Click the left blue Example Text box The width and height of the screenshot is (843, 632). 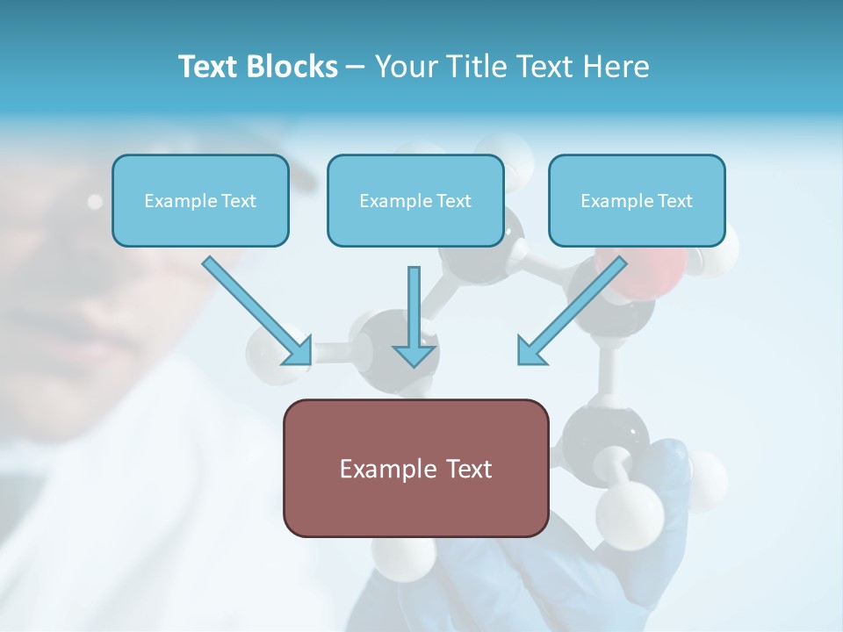point(200,200)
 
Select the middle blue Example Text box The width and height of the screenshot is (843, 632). point(415,200)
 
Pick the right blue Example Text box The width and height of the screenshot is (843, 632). point(637,200)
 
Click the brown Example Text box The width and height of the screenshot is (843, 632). point(415,468)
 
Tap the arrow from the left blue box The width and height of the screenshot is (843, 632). point(255,309)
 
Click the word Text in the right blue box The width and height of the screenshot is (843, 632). point(674,201)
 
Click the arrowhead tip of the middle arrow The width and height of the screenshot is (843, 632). point(414,363)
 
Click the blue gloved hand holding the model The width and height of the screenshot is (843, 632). point(659,527)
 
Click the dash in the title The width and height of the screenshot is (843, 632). point(356,68)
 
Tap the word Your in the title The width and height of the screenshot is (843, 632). point(403,67)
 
